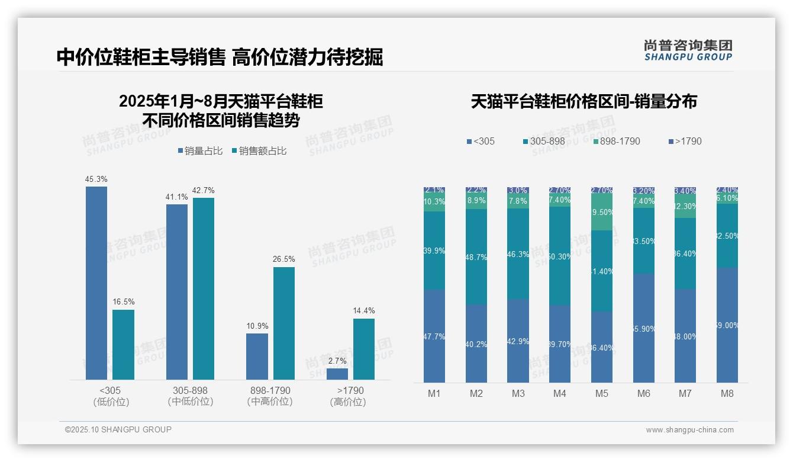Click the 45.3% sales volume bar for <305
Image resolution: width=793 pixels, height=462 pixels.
click(96, 283)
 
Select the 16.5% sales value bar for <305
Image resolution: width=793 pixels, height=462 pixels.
click(123, 345)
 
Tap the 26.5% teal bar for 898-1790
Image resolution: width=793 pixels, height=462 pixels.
click(283, 323)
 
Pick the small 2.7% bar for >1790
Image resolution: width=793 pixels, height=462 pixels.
click(337, 374)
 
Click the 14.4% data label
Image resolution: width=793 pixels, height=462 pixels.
click(364, 310)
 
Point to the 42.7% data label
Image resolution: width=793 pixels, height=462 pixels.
click(204, 190)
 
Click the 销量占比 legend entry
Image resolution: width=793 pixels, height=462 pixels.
click(200, 151)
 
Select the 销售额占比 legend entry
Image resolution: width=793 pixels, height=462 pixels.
click(259, 151)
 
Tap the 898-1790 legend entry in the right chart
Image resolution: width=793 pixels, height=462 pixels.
click(617, 141)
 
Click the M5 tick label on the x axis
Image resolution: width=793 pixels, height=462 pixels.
click(602, 393)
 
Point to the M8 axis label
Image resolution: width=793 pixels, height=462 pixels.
click(727, 393)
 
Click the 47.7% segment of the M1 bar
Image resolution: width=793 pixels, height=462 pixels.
click(434, 336)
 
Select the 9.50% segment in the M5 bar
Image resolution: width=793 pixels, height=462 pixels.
click(602, 212)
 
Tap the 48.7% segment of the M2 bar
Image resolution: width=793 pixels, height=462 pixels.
click(476, 256)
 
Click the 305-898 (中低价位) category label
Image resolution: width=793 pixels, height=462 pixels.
click(190, 396)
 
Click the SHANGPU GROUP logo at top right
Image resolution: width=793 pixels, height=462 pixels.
click(688, 50)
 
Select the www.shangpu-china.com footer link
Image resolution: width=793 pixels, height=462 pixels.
click(689, 430)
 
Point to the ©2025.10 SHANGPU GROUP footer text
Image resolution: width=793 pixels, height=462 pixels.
click(118, 429)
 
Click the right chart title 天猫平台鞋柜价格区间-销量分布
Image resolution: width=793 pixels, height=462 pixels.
click(584, 102)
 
